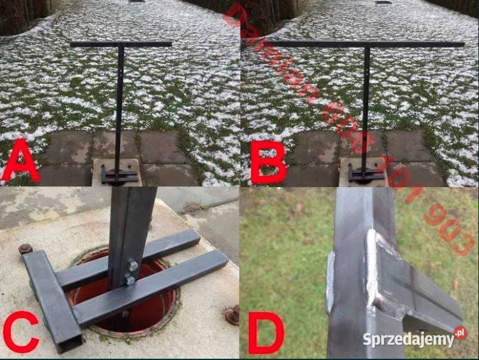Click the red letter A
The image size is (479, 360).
20,161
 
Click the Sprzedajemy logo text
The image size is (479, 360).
407,339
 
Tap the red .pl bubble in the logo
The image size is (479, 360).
459,333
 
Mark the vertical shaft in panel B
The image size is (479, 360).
365,105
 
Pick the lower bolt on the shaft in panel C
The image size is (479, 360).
129,281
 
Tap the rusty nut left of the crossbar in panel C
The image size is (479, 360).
25,249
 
